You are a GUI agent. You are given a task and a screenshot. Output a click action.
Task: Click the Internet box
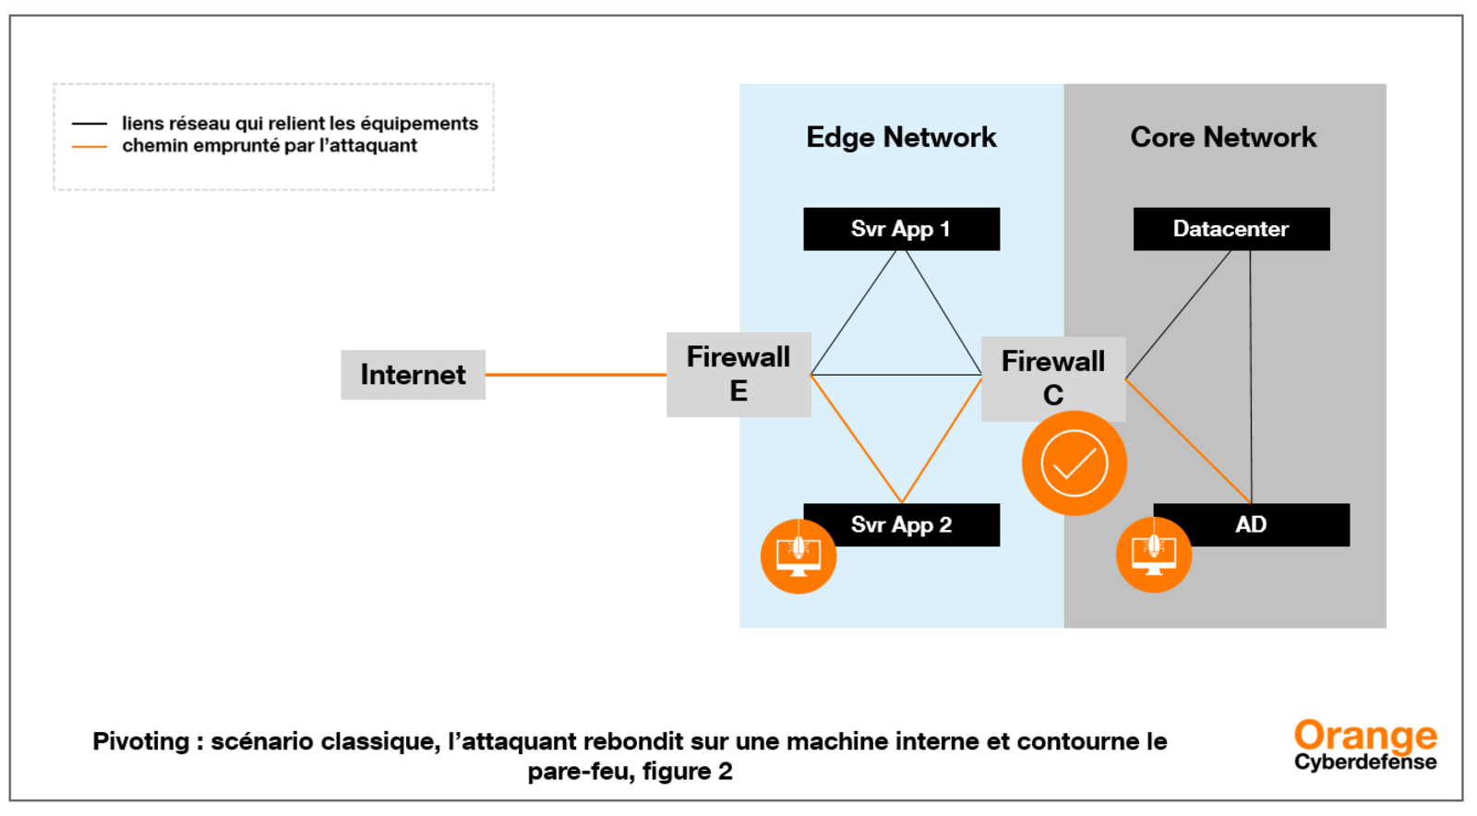pos(413,375)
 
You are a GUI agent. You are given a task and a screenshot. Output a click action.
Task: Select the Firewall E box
pos(738,375)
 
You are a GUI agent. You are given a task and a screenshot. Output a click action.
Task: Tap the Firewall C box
pos(1053,378)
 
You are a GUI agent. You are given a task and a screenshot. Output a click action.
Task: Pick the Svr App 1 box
pos(901,229)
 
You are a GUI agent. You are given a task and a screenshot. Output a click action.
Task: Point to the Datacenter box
pos(1231,229)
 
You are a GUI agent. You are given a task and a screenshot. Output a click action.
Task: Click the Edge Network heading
pos(901,138)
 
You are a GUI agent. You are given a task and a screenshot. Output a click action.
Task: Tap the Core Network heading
pos(1224,138)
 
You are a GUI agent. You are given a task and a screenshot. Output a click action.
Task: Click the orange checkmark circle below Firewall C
pos(1075,462)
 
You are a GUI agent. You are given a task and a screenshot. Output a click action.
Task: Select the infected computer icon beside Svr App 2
pos(799,557)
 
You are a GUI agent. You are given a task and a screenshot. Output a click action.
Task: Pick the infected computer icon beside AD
pos(1154,555)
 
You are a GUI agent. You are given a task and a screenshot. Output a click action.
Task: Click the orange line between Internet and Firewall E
pos(576,375)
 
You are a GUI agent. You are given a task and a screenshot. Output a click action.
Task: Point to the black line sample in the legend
pos(89,124)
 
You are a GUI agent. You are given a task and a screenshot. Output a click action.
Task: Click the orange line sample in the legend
pos(89,147)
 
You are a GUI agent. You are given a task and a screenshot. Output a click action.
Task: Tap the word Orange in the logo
pos(1365,736)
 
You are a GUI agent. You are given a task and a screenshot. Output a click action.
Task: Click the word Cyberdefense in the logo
pos(1365,762)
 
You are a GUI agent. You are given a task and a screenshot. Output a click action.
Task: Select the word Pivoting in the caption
pos(141,741)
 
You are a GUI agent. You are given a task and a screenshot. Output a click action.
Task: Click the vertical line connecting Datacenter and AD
pos(1250,377)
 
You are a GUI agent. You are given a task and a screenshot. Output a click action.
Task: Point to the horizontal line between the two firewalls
pos(896,375)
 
